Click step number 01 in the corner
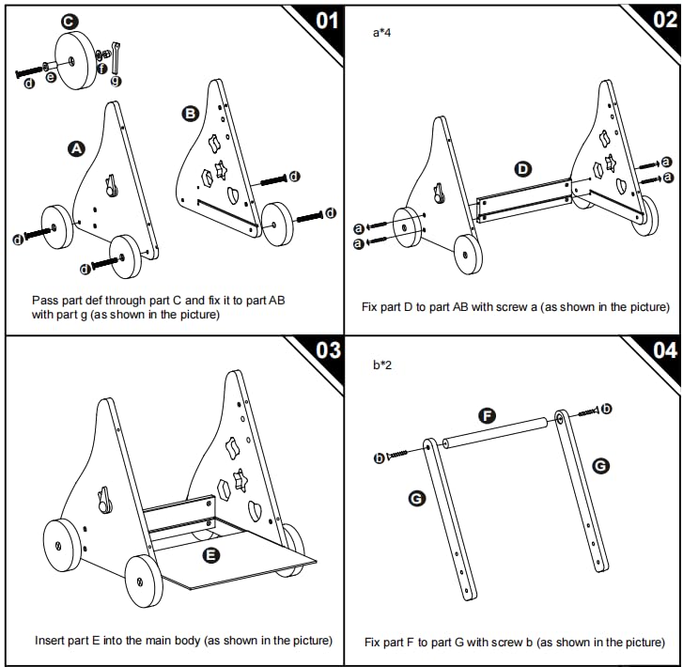323,20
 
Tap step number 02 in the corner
663,20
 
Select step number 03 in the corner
326,351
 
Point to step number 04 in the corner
663,351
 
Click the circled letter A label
75,147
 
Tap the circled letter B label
189,114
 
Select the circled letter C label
70,21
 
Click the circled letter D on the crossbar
523,169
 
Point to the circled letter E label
211,555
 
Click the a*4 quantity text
382,32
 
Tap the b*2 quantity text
382,364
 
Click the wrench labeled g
115,56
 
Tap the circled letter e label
51,77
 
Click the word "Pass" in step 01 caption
44,300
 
